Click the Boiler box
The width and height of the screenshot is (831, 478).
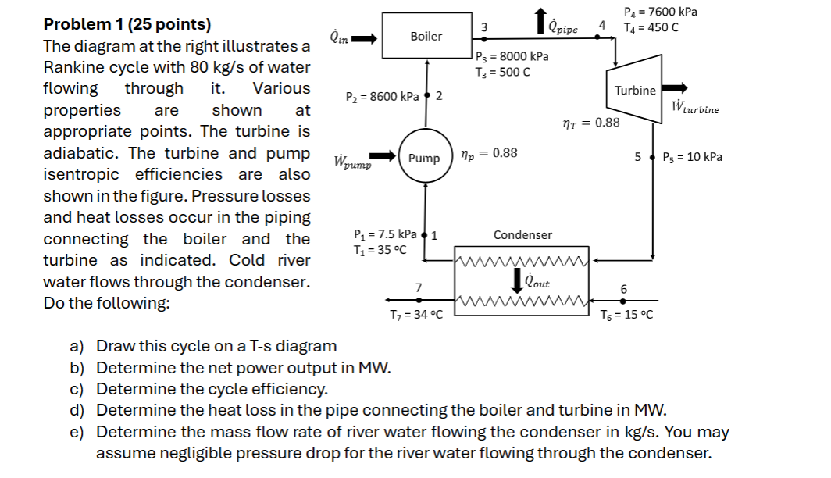click(x=426, y=36)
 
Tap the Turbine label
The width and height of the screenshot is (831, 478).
click(x=635, y=91)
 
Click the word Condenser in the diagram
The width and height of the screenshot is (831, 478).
click(x=522, y=234)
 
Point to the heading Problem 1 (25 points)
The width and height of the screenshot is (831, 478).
click(x=127, y=24)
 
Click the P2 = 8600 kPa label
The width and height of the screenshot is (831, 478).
click(x=382, y=97)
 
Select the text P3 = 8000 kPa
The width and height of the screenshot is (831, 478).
click(x=512, y=56)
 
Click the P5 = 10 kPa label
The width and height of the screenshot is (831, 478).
click(x=692, y=157)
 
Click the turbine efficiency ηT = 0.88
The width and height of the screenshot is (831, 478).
click(x=591, y=123)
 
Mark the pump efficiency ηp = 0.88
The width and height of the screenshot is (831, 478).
click(x=489, y=153)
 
